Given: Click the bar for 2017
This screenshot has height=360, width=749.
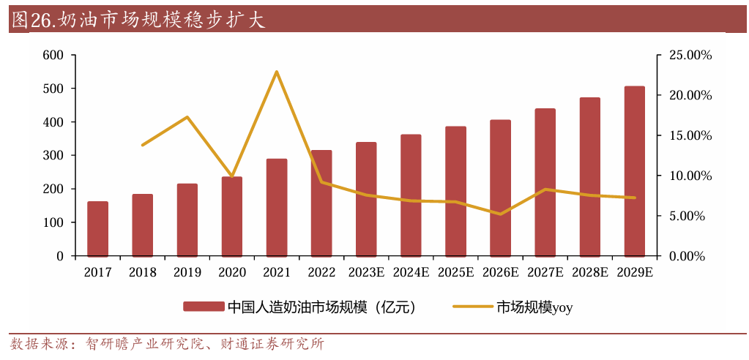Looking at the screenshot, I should click(97, 228).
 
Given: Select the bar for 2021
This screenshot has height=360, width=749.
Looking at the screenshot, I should click(277, 207).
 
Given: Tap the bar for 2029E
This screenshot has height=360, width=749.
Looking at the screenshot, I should click(635, 171).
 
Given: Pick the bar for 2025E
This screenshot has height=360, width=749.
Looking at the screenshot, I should click(455, 191).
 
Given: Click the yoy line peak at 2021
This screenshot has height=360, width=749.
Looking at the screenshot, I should click(277, 72).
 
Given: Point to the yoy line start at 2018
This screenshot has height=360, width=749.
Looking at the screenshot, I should click(142, 145).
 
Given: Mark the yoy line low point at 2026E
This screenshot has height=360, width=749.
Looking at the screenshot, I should click(500, 214).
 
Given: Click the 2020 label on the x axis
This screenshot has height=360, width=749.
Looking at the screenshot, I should click(232, 272).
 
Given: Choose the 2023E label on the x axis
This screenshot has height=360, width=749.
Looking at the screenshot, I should click(366, 272).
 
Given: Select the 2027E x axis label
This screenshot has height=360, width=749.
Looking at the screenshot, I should click(545, 272).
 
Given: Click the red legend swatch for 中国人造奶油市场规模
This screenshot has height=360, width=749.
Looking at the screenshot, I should click(203, 307).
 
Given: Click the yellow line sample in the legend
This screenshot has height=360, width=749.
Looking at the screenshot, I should click(472, 307).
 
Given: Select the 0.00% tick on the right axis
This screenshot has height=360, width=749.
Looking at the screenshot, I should click(686, 256).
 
